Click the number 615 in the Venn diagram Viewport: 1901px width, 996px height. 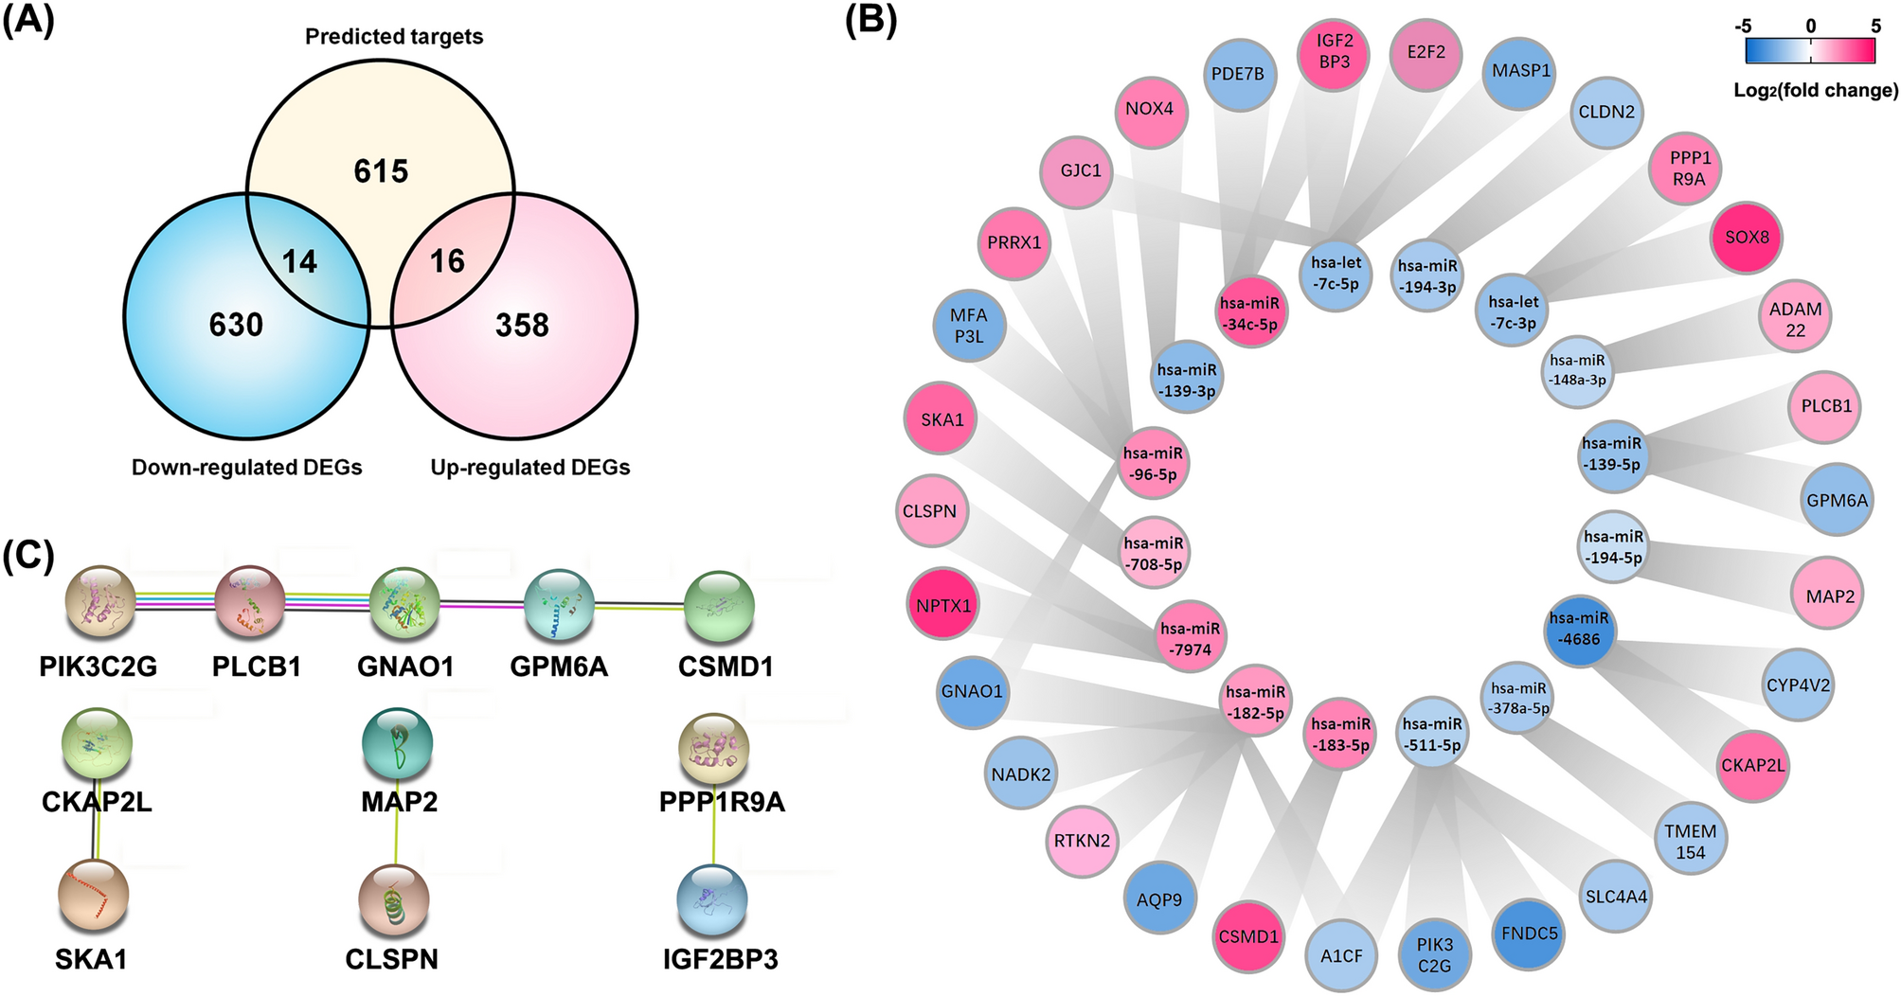click(x=381, y=171)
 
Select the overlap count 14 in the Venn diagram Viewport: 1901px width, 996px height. click(x=299, y=261)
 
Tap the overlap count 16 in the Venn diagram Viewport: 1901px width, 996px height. click(x=447, y=261)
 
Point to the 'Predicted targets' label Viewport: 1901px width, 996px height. click(x=394, y=37)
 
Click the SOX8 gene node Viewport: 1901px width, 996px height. click(x=1747, y=238)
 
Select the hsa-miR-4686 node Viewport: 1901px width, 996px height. click(x=1580, y=629)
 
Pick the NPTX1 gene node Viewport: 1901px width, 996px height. click(x=943, y=605)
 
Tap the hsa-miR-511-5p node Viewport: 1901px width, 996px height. click(x=1433, y=735)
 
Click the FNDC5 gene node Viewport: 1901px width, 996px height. click(x=1529, y=934)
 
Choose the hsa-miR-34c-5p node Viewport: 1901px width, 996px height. click(x=1249, y=313)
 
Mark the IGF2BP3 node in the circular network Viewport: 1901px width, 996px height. click(x=1334, y=51)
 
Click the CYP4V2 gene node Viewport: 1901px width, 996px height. click(x=1798, y=685)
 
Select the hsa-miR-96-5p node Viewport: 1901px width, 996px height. click(x=1153, y=464)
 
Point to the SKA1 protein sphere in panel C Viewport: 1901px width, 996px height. click(x=92, y=895)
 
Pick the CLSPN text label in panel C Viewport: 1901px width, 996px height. click(x=391, y=960)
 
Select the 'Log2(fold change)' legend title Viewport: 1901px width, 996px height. click(x=1816, y=91)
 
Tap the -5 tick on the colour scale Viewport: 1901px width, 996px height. click(x=1742, y=27)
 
